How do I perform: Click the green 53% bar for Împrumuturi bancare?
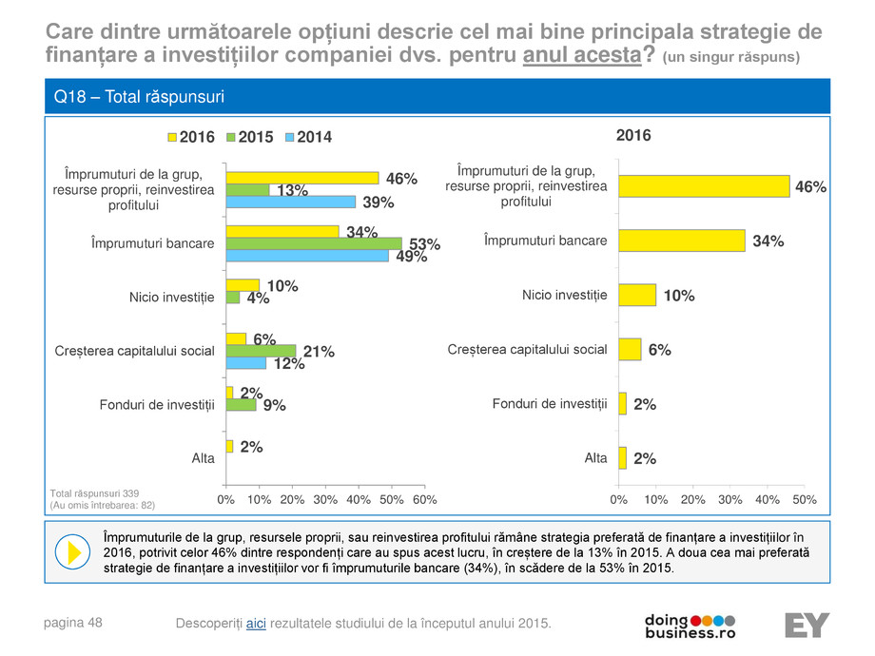pyautogui.click(x=314, y=243)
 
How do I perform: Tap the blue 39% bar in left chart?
pyautogui.click(x=291, y=202)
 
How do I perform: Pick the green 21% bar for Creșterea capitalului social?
pyautogui.click(x=262, y=351)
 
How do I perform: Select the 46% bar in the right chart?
pyautogui.click(x=704, y=186)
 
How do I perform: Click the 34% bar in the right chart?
pyautogui.click(x=681, y=241)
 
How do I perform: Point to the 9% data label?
pyautogui.click(x=275, y=405)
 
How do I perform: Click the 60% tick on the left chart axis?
pyautogui.click(x=425, y=499)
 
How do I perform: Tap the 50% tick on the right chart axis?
pyautogui.click(x=805, y=499)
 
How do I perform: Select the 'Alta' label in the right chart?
pyautogui.click(x=595, y=458)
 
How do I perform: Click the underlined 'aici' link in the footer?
pyautogui.click(x=256, y=623)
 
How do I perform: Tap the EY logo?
pyautogui.click(x=807, y=626)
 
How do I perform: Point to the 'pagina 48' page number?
pyautogui.click(x=74, y=623)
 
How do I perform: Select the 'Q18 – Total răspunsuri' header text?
pyautogui.click(x=139, y=97)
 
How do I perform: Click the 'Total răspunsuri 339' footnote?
pyautogui.click(x=94, y=492)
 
